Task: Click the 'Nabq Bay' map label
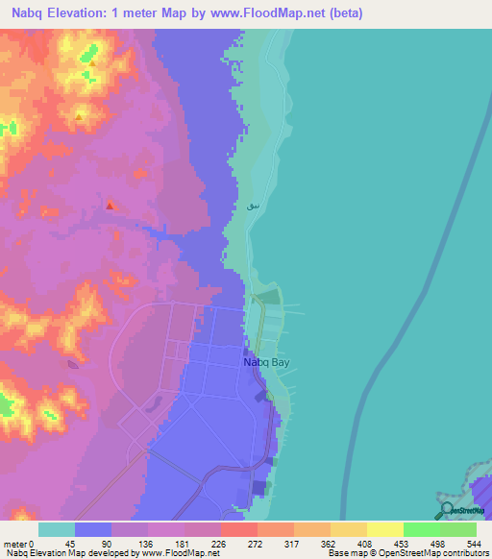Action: coord(265,363)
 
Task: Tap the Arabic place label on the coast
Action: coord(253,206)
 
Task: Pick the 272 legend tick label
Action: coord(257,544)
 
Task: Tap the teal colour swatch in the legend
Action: coord(56,529)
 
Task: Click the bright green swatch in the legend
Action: coord(421,529)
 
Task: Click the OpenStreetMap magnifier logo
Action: coord(448,509)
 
